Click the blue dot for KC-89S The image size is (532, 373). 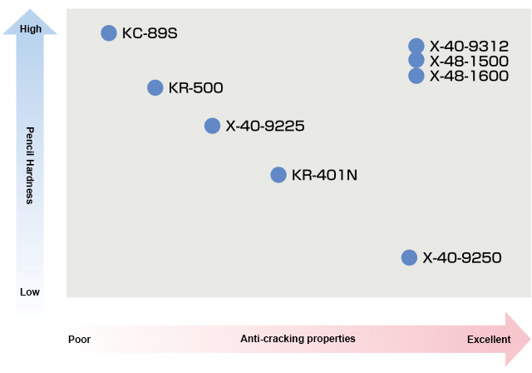(108, 32)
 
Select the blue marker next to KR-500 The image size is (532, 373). (155, 87)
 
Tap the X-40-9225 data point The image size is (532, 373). (213, 126)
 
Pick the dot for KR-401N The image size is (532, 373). (278, 175)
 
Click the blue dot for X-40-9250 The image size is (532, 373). (409, 257)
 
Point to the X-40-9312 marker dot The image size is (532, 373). (416, 46)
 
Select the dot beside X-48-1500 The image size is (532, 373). (416, 61)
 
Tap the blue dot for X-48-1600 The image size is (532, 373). (416, 76)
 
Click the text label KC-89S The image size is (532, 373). (150, 33)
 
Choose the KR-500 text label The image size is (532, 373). (195, 88)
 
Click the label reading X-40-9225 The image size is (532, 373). (265, 127)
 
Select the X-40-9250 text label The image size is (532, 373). (462, 258)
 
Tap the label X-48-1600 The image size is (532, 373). (469, 77)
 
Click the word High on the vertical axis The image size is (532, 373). (30, 29)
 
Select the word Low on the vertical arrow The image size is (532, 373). (30, 292)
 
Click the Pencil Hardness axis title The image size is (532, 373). (30, 165)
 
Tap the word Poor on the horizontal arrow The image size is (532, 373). (80, 340)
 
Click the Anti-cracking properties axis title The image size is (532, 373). (298, 339)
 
